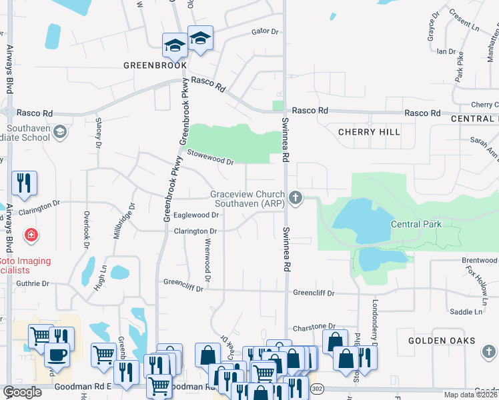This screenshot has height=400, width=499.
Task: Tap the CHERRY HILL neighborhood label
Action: (369, 132)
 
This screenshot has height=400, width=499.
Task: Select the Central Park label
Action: (416, 225)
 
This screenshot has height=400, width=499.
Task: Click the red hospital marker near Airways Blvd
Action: (30, 235)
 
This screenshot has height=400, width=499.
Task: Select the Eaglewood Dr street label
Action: (196, 215)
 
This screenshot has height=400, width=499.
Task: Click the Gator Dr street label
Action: (264, 31)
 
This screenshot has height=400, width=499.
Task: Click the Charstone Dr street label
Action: (314, 328)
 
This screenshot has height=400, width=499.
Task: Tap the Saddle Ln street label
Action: (466, 311)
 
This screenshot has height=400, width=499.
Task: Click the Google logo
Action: (23, 392)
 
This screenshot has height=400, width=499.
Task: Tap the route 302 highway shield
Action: (317, 387)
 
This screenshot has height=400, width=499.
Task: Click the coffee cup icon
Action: (57, 355)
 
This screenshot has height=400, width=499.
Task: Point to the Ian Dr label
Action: (446, 51)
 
